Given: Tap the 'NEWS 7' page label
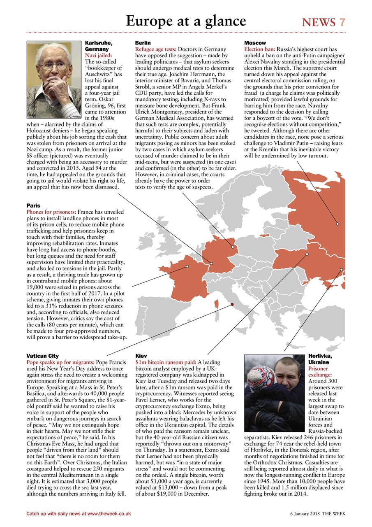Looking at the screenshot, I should (323, 22).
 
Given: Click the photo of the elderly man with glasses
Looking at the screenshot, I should (54, 74).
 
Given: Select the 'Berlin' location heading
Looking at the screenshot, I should (143, 43).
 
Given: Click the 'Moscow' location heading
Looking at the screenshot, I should (255, 43).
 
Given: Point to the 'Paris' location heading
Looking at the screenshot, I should (33, 205).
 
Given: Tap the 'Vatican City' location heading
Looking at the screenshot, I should (42, 356).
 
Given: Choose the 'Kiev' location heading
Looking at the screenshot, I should (141, 356).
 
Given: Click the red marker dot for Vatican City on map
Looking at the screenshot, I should (232, 305).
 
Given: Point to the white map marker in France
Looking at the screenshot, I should (187, 266).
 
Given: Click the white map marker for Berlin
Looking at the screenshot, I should (233, 247).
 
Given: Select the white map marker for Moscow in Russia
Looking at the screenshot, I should (337, 224).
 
